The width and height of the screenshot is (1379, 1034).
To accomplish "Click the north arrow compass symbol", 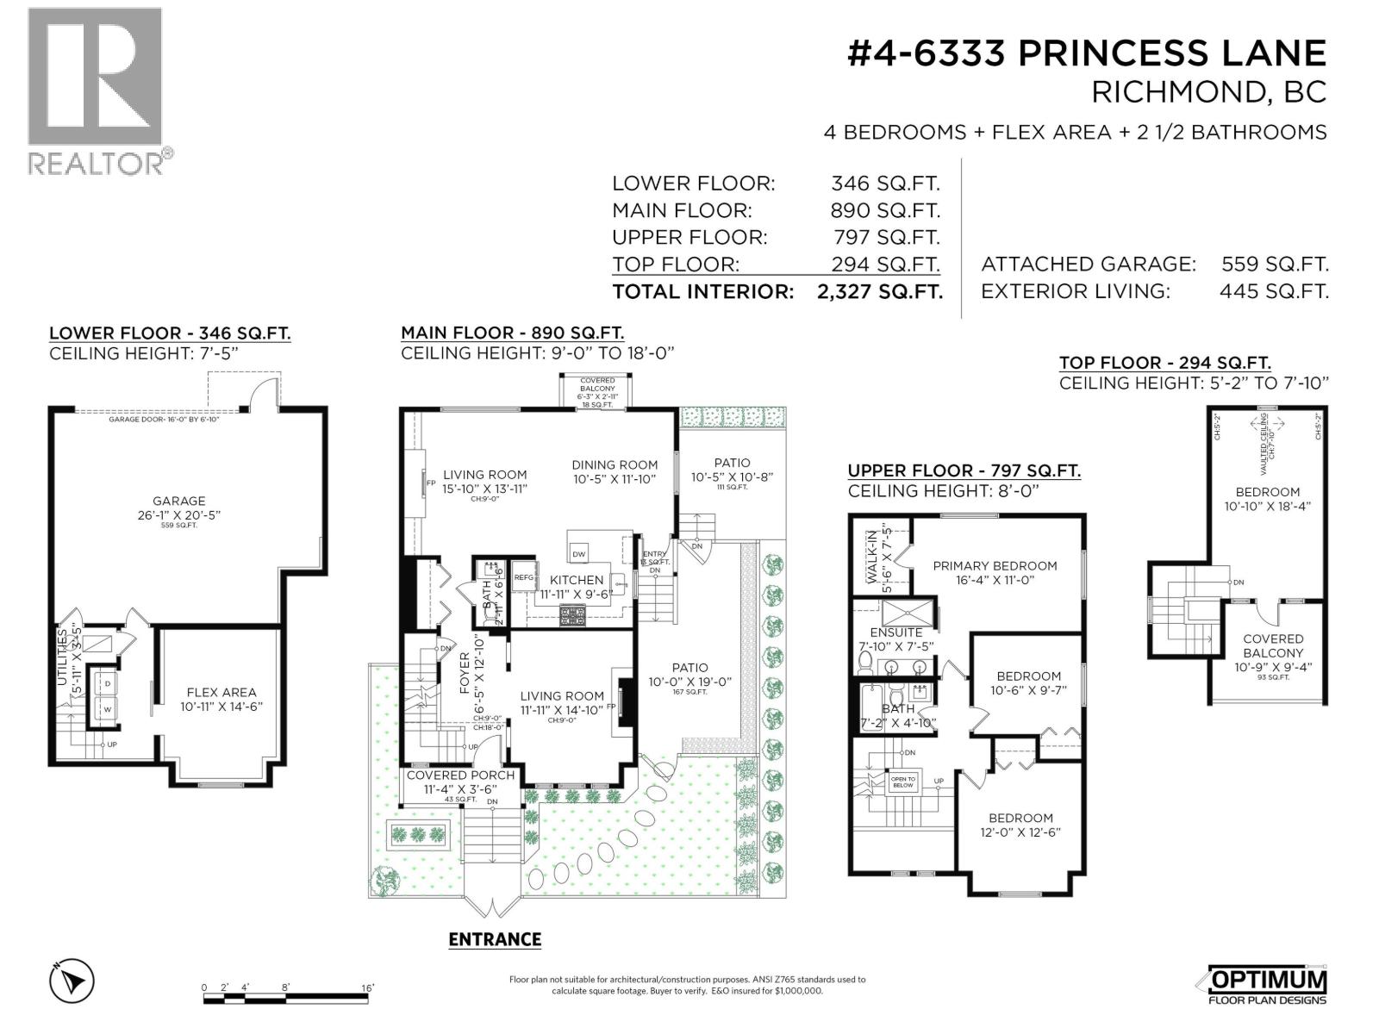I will [73, 981].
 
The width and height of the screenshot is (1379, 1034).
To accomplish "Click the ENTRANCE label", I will [495, 939].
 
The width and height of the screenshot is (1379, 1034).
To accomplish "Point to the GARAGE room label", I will [179, 501].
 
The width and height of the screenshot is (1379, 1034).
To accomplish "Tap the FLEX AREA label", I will [222, 692].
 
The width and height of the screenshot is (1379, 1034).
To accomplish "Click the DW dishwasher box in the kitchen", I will [579, 554].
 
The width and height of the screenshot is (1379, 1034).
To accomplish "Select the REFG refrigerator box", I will [524, 578].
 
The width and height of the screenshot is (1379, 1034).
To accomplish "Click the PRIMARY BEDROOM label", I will [995, 566].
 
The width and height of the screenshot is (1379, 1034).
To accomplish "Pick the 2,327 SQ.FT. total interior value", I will [879, 291].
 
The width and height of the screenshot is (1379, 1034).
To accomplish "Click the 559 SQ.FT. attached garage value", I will [1275, 265].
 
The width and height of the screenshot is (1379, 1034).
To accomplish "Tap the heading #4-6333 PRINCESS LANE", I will [1087, 53].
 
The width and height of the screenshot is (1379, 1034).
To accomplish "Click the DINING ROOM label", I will [615, 465].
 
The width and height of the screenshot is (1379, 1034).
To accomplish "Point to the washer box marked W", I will [109, 710].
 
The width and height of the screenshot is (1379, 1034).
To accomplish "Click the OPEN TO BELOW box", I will [903, 782].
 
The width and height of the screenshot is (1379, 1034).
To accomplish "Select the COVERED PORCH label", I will [460, 775].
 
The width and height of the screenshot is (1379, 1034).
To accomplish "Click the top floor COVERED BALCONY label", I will [1273, 645].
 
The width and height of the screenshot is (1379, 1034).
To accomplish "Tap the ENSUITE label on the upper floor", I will [895, 632].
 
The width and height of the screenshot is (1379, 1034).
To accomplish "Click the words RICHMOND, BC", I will [1209, 92].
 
